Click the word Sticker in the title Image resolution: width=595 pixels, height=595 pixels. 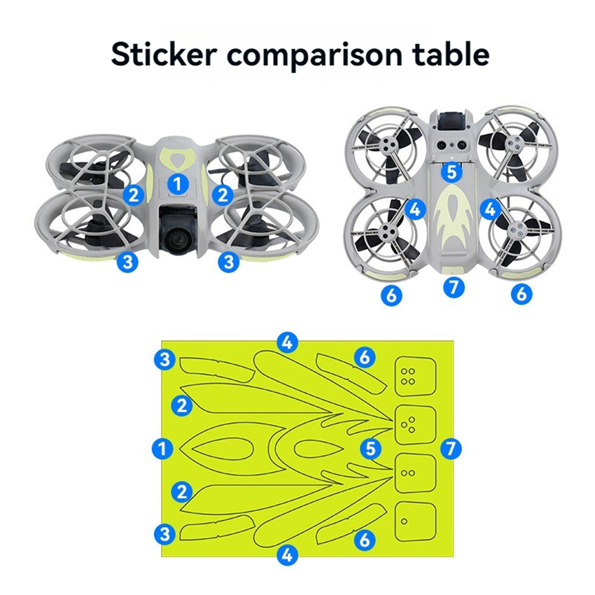click(x=164, y=55)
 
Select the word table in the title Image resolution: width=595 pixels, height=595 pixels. click(x=450, y=55)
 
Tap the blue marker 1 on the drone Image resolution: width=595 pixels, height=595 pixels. click(x=178, y=184)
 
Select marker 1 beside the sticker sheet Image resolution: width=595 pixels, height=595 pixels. click(x=162, y=449)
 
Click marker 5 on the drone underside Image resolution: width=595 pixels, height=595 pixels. click(x=452, y=172)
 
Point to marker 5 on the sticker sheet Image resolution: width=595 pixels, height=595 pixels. click(x=370, y=449)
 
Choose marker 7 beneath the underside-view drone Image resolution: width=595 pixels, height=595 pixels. click(x=454, y=287)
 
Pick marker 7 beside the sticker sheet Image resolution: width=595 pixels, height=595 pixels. click(x=451, y=449)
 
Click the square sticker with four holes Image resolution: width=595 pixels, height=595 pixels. click(x=415, y=376)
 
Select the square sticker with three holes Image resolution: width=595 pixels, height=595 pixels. click(x=415, y=425)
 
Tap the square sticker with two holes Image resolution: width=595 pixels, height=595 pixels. click(x=415, y=473)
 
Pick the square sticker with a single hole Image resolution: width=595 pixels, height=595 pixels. click(x=415, y=521)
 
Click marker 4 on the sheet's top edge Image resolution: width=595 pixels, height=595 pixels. click(x=287, y=342)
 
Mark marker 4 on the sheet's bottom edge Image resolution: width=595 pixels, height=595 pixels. click(x=287, y=556)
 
